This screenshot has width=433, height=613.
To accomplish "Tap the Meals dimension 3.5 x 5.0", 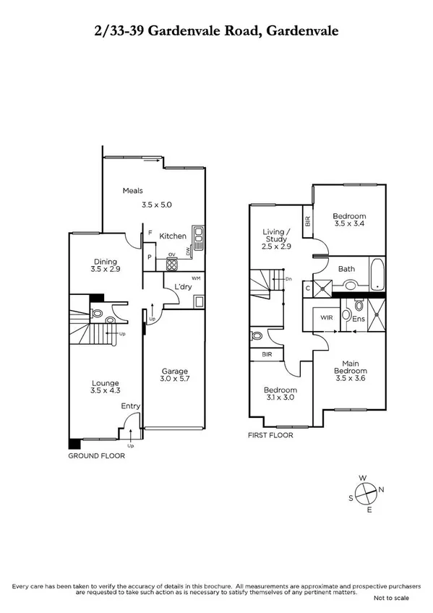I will [x=157, y=205].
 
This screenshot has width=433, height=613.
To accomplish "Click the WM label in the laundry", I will [x=195, y=278].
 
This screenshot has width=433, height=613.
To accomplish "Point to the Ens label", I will [x=359, y=319].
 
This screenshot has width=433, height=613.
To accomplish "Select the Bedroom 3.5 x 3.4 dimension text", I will [x=349, y=224].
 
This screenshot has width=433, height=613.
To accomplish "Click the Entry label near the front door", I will [x=130, y=406].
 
